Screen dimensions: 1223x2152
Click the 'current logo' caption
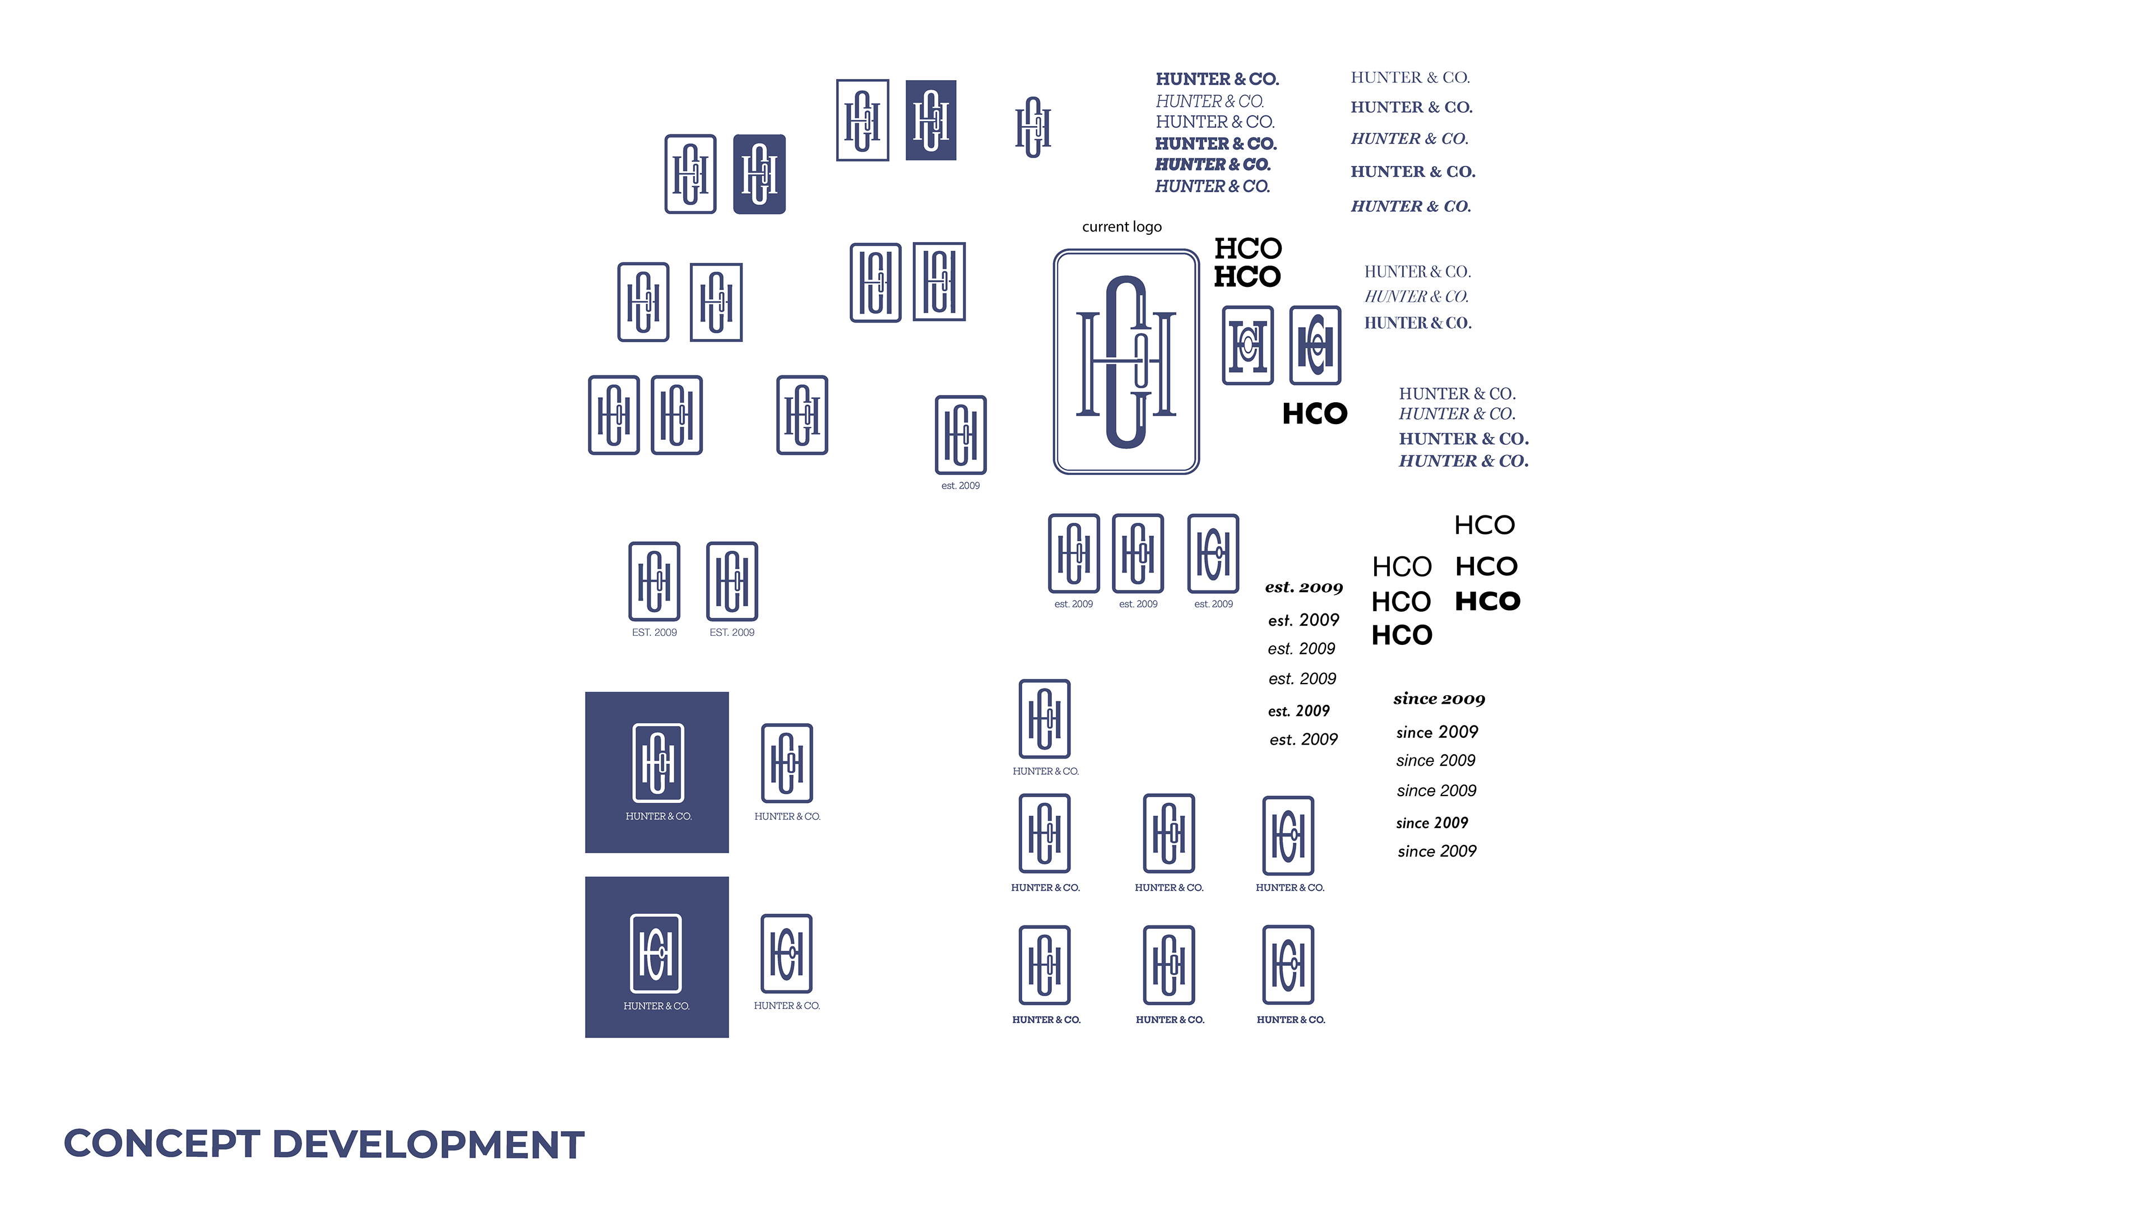(1121, 227)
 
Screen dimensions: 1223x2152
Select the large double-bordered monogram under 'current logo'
(1125, 361)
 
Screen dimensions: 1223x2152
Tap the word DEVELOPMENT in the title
(428, 1144)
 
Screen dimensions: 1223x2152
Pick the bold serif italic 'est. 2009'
(1304, 587)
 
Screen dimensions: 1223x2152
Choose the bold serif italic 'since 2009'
(1439, 699)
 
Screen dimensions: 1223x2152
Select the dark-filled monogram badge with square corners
(931, 120)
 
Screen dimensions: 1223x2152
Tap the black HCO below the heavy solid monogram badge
(1315, 413)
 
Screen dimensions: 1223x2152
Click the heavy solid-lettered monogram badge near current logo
(1315, 345)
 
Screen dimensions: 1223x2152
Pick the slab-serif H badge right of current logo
(1247, 345)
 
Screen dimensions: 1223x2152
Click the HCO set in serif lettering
(1248, 249)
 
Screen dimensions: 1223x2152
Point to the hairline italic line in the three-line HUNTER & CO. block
(1416, 296)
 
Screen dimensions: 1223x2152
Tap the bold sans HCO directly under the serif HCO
(1247, 276)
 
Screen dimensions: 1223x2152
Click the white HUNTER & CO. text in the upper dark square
(658, 816)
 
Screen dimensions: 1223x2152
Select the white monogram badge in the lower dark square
(656, 954)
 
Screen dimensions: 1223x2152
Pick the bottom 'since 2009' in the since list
(1436, 852)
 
